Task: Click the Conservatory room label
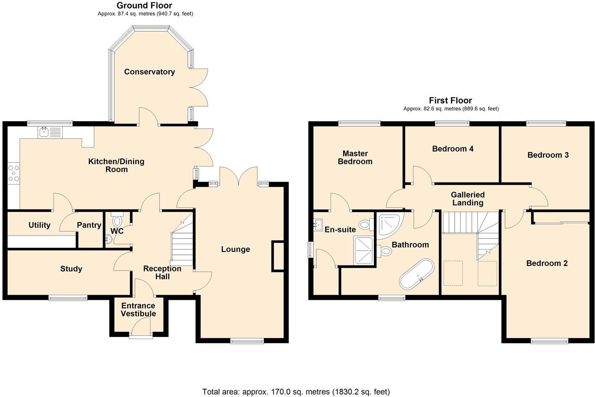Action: pyautogui.click(x=149, y=72)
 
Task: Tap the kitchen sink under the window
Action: pyautogui.click(x=44, y=132)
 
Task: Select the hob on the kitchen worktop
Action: pyautogui.click(x=13, y=173)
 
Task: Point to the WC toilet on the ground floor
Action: pyautogui.click(x=116, y=220)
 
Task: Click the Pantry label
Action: pyautogui.click(x=89, y=225)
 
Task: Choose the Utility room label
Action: pyautogui.click(x=39, y=225)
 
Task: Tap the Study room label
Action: pyautogui.click(x=71, y=269)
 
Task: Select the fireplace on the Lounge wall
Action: pyautogui.click(x=278, y=256)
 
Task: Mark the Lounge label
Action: pyautogui.click(x=235, y=249)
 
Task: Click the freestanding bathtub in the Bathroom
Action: pyautogui.click(x=416, y=274)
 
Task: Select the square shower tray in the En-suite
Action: pyautogui.click(x=364, y=250)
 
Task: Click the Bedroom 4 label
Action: pyautogui.click(x=453, y=149)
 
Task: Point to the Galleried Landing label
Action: pyautogui.click(x=467, y=199)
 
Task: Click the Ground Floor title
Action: pyautogui.click(x=144, y=5)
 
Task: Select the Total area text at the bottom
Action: pyautogui.click(x=296, y=392)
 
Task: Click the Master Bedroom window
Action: pyautogui.click(x=359, y=123)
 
